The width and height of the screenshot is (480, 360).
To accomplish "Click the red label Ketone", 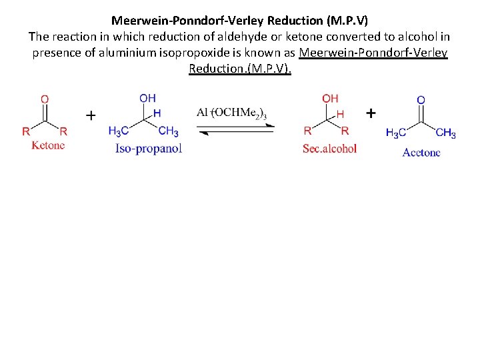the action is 48,145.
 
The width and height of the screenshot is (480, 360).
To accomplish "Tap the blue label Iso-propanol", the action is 149,149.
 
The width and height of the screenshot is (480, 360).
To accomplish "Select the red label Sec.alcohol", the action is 329,149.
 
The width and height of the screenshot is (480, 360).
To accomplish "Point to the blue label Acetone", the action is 421,153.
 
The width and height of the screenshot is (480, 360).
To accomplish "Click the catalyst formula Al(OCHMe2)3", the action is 231,113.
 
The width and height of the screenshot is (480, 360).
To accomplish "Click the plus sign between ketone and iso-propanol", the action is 91,115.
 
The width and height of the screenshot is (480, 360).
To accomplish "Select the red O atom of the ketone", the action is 45,99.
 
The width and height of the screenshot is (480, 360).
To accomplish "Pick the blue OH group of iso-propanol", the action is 148,99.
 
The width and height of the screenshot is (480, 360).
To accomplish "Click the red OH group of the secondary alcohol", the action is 330,99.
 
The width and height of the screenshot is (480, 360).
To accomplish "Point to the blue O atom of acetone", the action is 421,100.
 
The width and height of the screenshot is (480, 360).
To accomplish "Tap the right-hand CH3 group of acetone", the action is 445,133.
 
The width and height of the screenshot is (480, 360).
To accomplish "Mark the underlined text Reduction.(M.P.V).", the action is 240,69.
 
